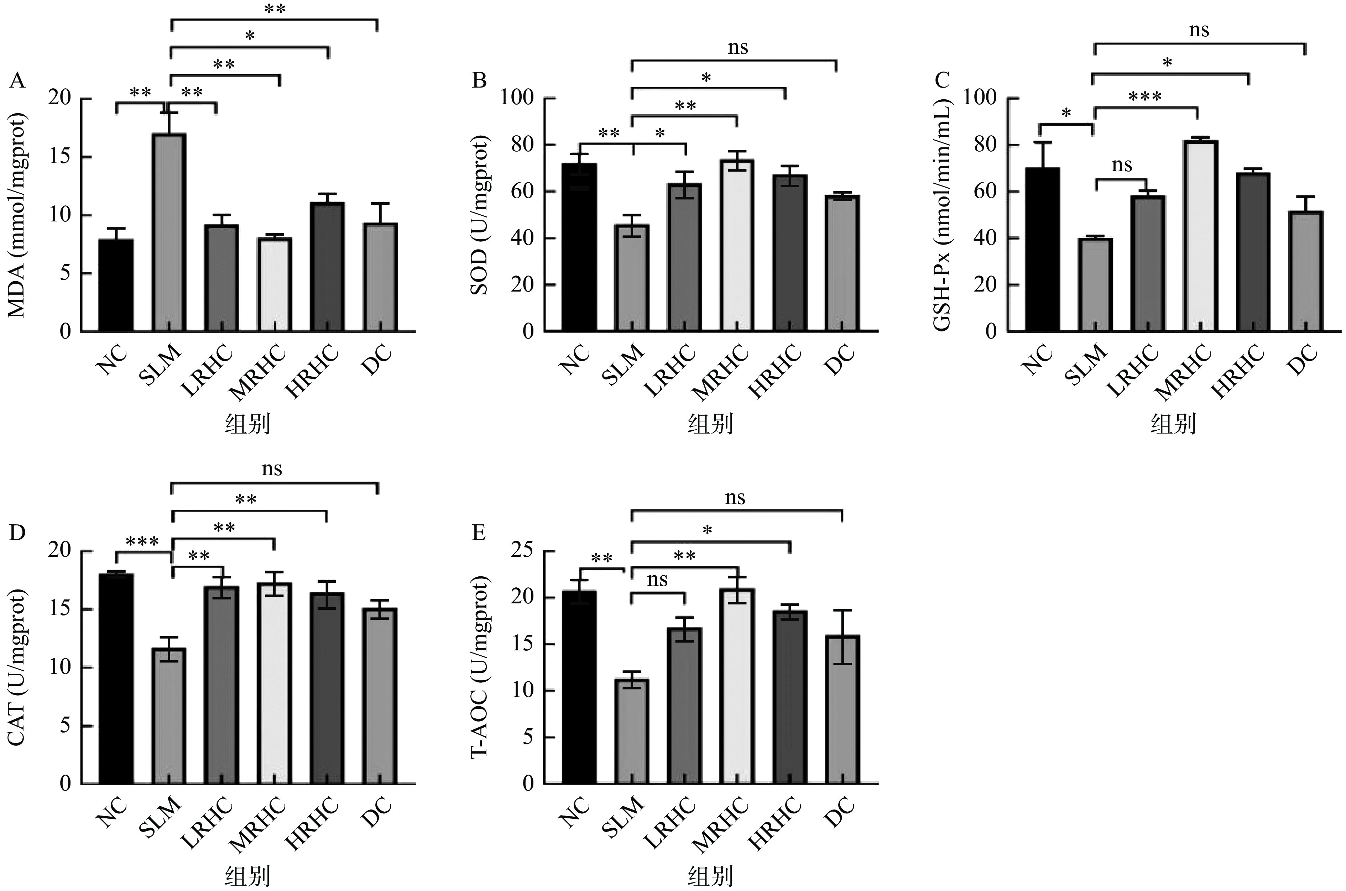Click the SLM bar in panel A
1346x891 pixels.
coord(169,233)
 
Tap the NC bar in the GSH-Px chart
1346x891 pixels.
coord(1043,250)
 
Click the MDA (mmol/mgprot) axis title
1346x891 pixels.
coord(17,216)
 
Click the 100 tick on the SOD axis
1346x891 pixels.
coord(517,98)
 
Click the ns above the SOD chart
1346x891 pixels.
coord(738,48)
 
